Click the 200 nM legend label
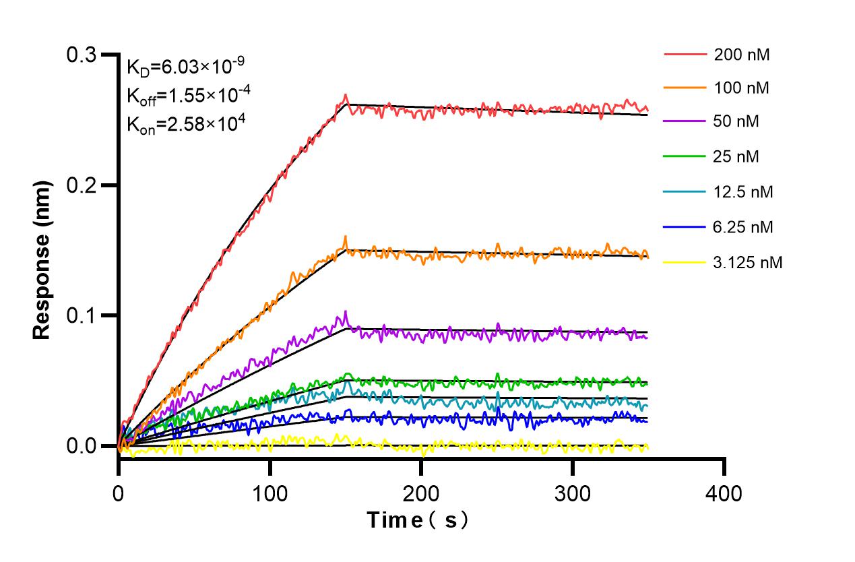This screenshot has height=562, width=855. [742, 55]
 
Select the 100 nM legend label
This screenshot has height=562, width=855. [742, 88]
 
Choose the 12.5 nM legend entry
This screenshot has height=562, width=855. [743, 192]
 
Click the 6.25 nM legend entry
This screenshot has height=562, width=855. [743, 227]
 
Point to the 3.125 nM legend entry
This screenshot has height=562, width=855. [748, 262]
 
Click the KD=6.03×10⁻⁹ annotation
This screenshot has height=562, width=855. [185, 66]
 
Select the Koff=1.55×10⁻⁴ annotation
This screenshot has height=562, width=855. [189, 95]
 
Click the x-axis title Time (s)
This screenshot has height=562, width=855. [418, 520]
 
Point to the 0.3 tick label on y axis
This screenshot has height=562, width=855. [81, 55]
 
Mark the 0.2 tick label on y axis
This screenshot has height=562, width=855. [81, 185]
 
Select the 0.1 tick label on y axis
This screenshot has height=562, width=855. [81, 315]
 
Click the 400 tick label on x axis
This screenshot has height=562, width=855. [724, 494]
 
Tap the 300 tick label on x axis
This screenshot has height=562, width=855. [572, 494]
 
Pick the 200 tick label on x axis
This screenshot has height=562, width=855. [421, 494]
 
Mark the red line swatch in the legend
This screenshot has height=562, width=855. [684, 55]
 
